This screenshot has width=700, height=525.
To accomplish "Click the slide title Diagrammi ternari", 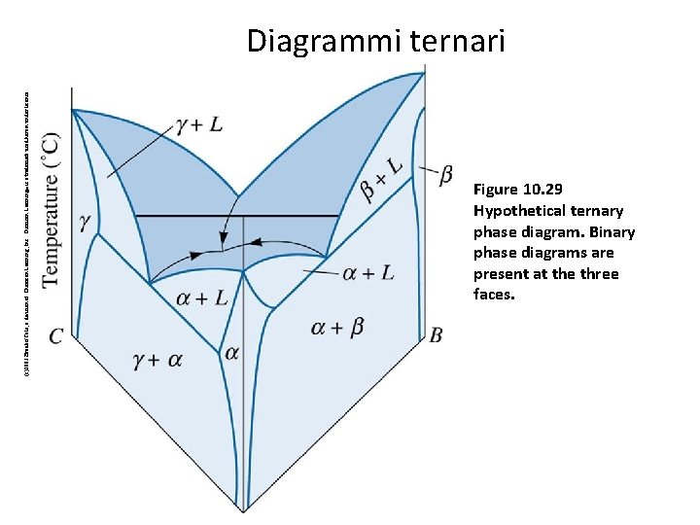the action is click(x=375, y=42).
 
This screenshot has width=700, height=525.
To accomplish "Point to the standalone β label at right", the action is click(x=445, y=175).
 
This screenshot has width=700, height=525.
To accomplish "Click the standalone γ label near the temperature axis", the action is click(x=86, y=223).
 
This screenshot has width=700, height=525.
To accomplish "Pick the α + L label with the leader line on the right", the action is click(x=368, y=272).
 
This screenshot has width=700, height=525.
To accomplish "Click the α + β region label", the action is click(x=337, y=328).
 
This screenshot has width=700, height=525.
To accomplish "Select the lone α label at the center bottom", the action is click(x=231, y=353).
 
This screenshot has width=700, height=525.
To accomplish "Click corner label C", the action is click(x=56, y=336).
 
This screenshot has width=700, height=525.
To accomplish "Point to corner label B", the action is click(x=436, y=335).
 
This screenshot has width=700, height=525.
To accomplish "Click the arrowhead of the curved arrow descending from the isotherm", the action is click(x=224, y=240).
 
